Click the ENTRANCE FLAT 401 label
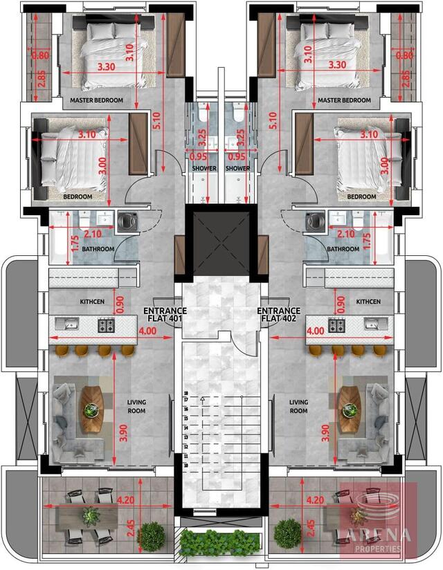(164, 315)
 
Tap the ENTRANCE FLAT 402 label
(278, 315)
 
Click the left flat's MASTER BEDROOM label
(96, 101)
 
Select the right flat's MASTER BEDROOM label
(344, 101)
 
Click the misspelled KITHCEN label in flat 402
(368, 302)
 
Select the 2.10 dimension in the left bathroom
(93, 234)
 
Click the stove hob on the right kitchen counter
(336, 324)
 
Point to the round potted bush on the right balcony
(287, 534)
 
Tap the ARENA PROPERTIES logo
(378, 523)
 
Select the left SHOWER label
(204, 168)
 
